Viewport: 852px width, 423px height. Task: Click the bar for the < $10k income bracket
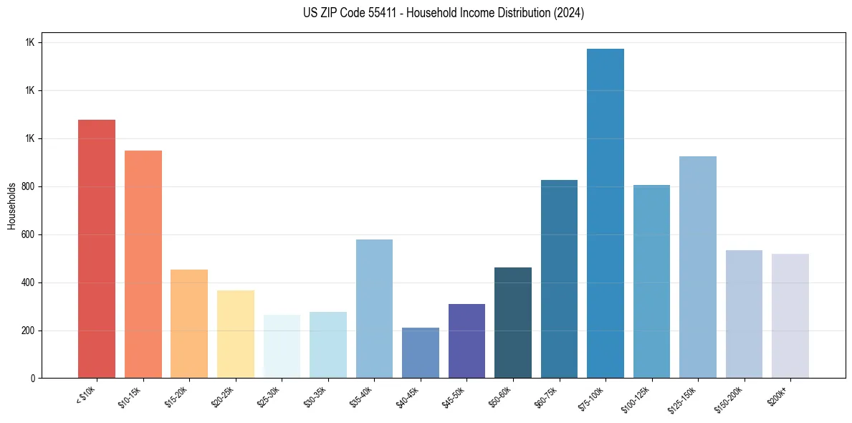[97, 249]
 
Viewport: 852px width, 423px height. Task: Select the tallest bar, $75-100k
[606, 214]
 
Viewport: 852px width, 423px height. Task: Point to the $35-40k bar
[374, 308]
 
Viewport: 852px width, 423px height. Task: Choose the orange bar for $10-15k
[143, 264]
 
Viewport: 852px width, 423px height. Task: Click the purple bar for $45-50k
[466, 341]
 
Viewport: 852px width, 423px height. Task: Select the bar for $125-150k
[698, 267]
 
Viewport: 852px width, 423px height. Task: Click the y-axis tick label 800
[28, 186]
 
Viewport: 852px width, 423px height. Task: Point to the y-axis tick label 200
[28, 331]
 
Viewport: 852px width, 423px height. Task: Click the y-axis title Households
[12, 206]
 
